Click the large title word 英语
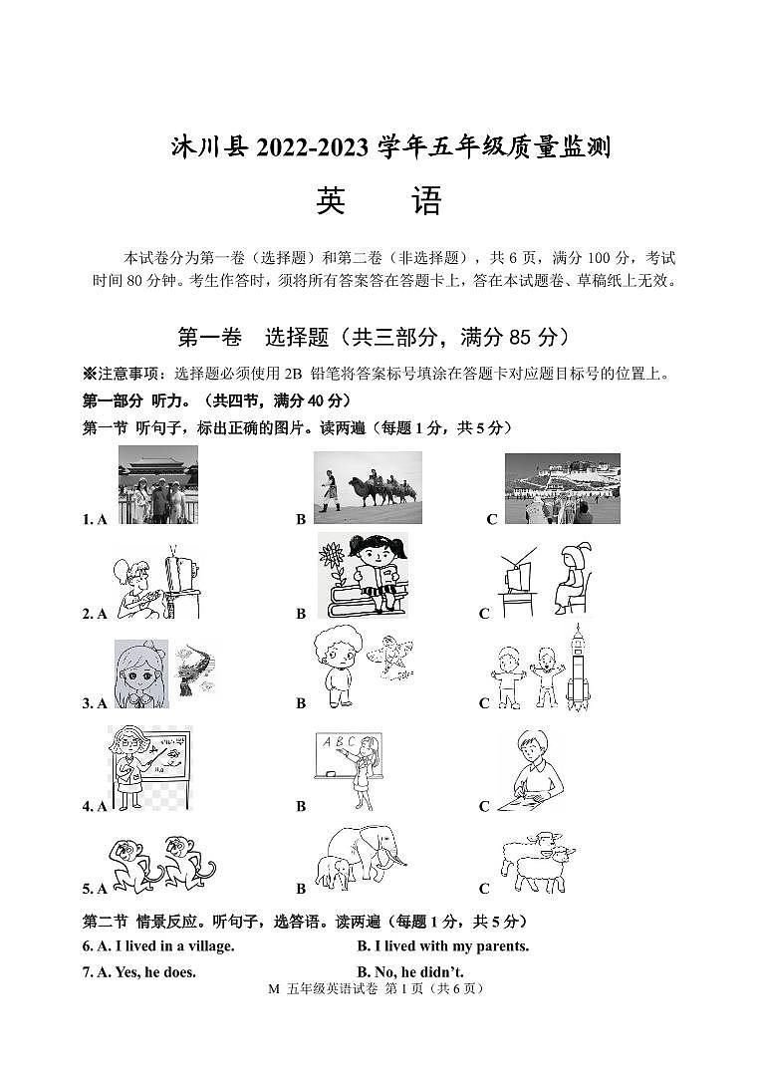[x=378, y=202]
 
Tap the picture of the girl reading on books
[x=363, y=576]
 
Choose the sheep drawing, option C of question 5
[x=538, y=861]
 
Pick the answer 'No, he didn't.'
[x=410, y=971]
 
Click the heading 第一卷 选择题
[x=253, y=338]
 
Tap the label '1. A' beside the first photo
[x=95, y=519]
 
